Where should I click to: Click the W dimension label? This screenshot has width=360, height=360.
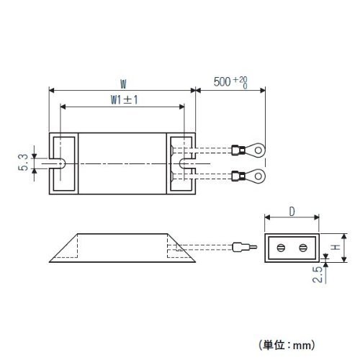[x=123, y=84]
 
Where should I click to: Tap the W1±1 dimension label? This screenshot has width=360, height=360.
[x=125, y=100]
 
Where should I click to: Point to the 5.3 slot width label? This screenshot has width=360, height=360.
[x=23, y=163]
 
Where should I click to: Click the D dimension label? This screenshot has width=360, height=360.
[x=292, y=212]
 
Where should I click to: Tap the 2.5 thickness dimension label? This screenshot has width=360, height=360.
[x=318, y=274]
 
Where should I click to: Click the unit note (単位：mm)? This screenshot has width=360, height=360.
[x=287, y=346]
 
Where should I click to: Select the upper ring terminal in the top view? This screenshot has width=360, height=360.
[x=248, y=150]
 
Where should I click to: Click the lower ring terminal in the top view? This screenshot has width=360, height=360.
[x=248, y=176]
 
